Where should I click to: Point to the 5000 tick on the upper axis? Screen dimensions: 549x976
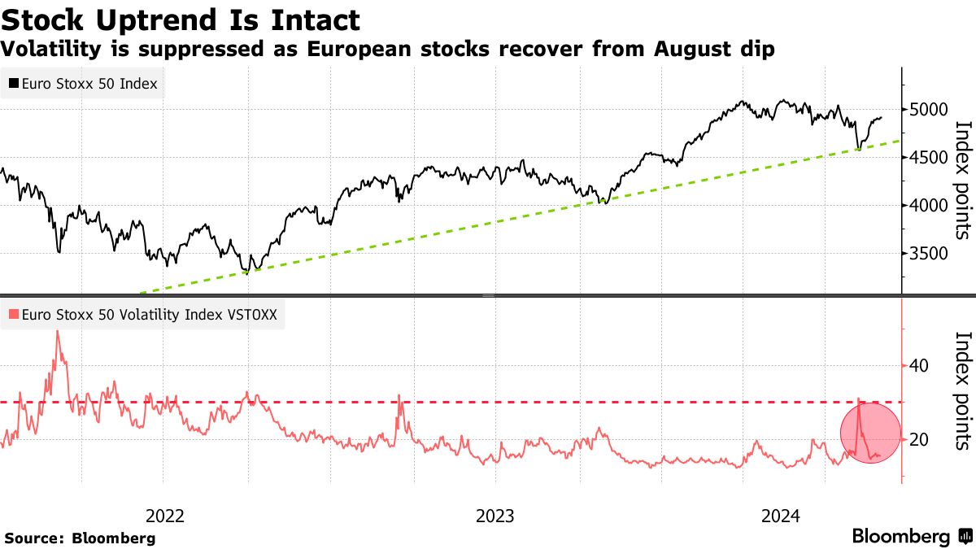[x=926, y=110]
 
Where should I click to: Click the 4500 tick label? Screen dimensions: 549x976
[x=926, y=158]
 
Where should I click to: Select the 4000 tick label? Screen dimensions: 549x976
[x=926, y=206]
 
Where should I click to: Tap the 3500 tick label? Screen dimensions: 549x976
[x=926, y=255]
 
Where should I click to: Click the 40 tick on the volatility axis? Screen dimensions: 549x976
[x=919, y=366]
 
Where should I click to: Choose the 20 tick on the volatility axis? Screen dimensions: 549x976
[x=919, y=440]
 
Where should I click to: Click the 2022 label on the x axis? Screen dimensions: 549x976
[x=165, y=516]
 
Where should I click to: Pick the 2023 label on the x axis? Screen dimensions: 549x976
[x=495, y=516]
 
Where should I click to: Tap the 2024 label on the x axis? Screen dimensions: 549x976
[x=781, y=516]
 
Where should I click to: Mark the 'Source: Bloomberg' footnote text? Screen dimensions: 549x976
[x=80, y=538]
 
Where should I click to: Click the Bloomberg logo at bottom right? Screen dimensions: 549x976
[x=910, y=537]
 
